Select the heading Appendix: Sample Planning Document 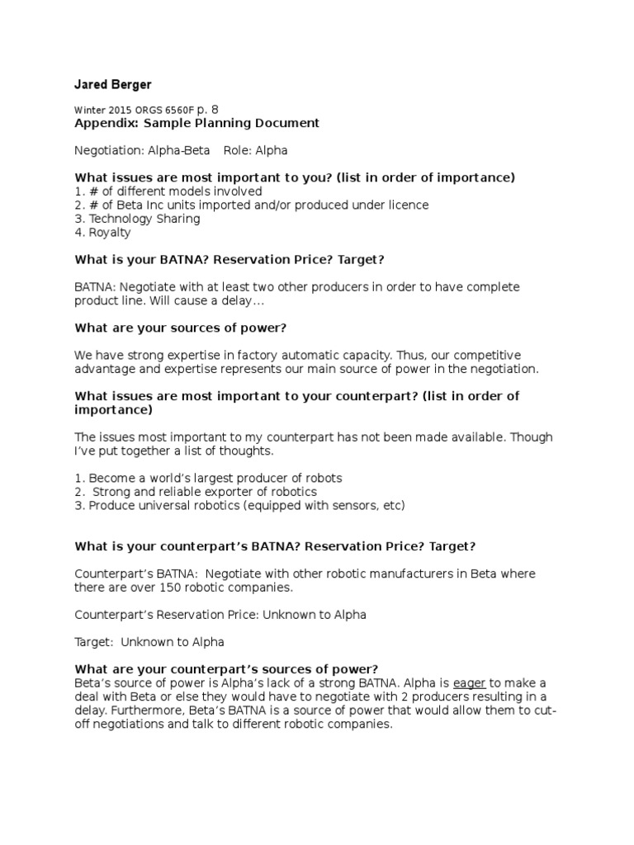pos(196,124)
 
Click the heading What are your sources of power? pos(181,328)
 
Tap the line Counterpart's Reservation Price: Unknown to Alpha pos(220,614)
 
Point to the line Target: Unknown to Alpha pos(149,641)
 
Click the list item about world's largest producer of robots pos(208,478)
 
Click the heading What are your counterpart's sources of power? pos(226,668)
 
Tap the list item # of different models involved pos(169,191)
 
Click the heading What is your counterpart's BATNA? pos(275,545)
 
